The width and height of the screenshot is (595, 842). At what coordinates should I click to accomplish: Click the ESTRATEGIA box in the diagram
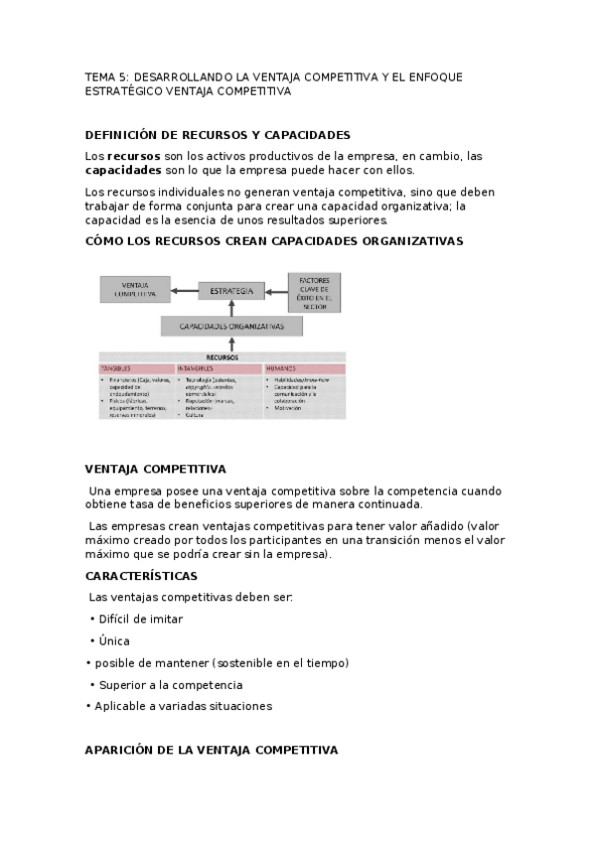231,291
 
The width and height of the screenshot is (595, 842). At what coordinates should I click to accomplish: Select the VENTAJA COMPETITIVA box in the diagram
135,290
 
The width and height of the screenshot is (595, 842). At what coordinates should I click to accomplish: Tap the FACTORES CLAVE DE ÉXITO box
314,291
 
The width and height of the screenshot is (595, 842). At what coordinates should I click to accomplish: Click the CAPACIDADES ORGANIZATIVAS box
230,326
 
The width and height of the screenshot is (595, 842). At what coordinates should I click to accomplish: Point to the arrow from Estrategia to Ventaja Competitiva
183,291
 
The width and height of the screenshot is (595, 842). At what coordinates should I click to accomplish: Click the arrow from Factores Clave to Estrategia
276,291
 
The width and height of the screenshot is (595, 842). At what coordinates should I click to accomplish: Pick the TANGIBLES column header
116,368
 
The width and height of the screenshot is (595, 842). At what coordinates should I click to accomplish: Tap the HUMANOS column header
281,368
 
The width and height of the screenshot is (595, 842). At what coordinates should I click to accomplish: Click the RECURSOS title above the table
222,356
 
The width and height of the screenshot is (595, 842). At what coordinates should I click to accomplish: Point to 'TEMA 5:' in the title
106,76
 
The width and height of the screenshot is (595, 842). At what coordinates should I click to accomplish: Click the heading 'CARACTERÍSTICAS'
141,576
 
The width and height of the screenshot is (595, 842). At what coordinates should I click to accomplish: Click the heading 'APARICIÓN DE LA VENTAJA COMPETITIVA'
212,750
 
